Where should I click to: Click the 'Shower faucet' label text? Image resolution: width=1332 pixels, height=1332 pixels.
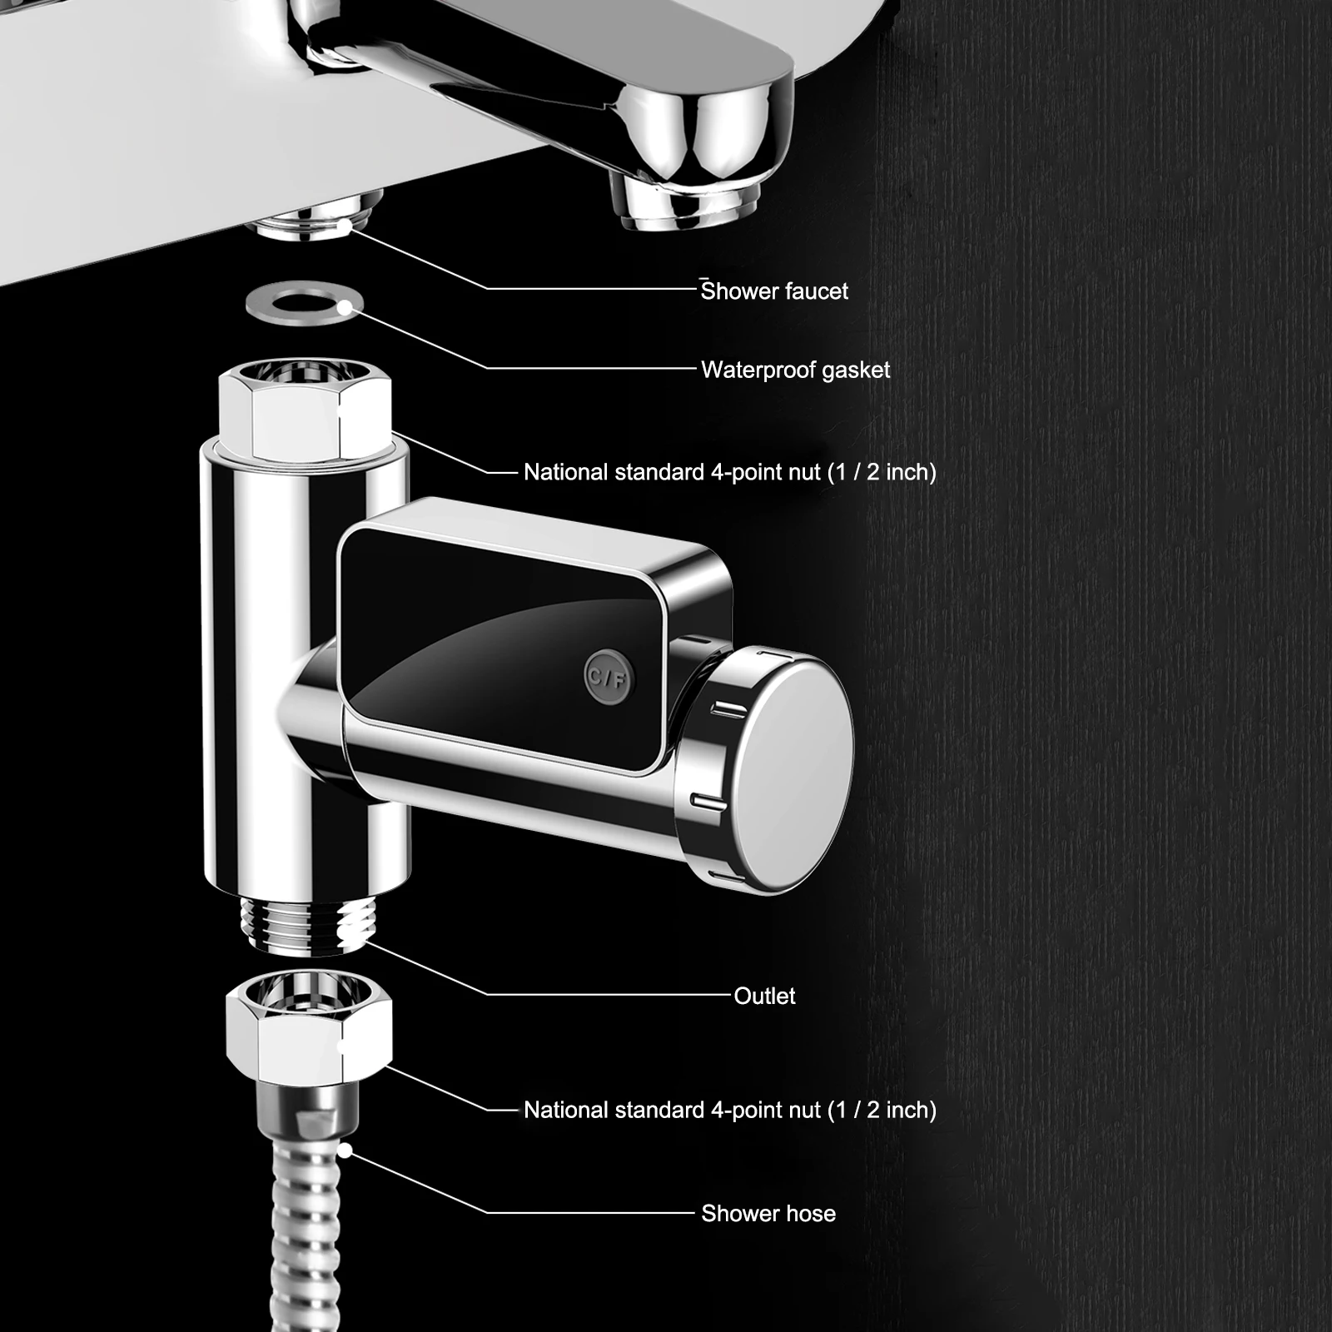(774, 291)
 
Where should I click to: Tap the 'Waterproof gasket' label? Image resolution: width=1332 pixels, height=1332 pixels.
(795, 370)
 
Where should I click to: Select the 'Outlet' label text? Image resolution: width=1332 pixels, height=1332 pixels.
(764, 996)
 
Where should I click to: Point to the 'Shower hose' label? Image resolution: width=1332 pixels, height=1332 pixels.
(768, 1214)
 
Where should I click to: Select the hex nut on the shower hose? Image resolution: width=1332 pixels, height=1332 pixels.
(309, 1030)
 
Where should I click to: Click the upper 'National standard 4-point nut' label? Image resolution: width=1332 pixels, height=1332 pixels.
(729, 472)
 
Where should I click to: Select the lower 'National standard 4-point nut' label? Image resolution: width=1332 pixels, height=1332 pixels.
(729, 1110)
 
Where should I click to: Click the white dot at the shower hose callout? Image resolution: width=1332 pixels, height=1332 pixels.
(344, 1152)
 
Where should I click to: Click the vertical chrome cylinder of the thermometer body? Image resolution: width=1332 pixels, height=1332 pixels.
(250, 666)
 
